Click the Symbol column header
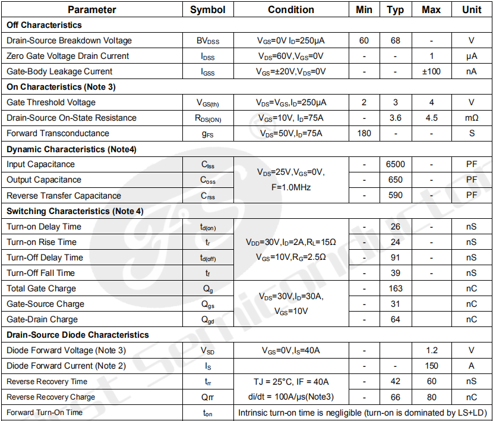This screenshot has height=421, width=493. click(208, 10)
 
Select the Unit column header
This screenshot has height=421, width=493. click(472, 10)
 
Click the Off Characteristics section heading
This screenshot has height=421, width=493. click(44, 25)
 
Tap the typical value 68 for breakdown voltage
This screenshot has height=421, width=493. click(395, 40)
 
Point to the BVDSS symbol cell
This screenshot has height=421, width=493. click(208, 41)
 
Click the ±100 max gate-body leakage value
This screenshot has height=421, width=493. click(431, 71)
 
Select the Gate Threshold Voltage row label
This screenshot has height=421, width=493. click(51, 102)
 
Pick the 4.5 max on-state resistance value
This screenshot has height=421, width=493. click(431, 118)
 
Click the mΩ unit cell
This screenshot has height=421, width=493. click(472, 118)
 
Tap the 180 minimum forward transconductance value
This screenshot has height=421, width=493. click(364, 133)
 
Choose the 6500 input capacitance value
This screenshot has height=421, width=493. click(395, 164)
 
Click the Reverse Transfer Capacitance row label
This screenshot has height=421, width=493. click(64, 196)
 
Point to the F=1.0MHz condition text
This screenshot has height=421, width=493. click(291, 187)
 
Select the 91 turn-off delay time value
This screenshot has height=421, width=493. click(395, 257)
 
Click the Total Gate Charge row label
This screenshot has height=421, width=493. click(41, 288)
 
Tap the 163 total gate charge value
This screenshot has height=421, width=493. click(395, 288)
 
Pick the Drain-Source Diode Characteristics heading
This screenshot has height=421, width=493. click(77, 335)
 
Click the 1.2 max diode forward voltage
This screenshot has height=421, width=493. click(431, 350)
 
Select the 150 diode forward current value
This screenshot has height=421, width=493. click(431, 366)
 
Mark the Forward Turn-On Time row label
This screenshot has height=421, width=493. click(45, 413)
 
